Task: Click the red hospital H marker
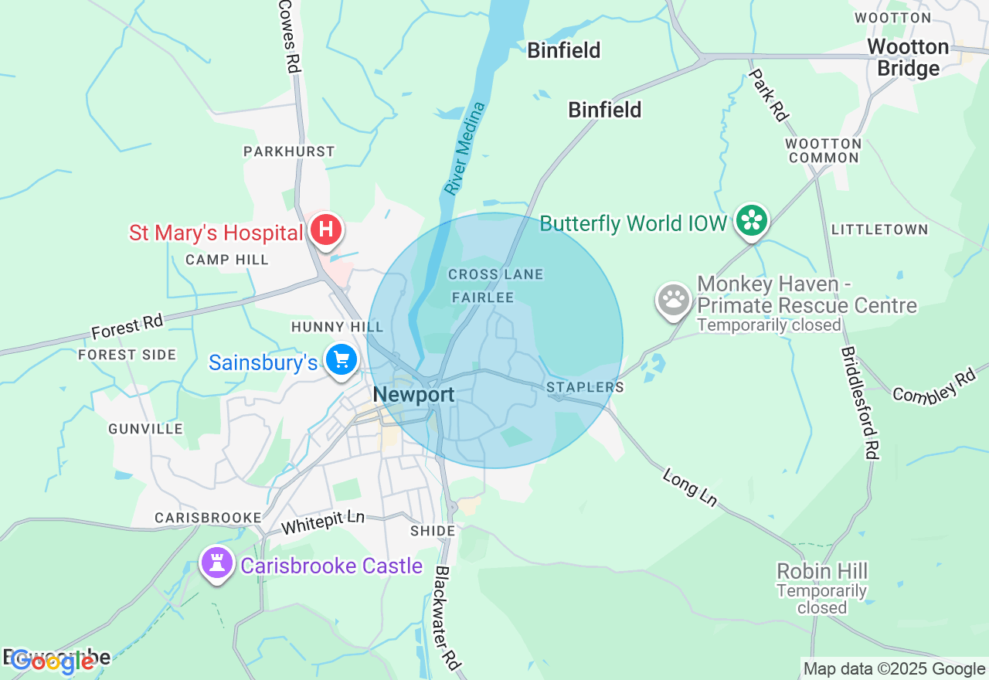(x=326, y=229)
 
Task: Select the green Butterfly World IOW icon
(x=751, y=221)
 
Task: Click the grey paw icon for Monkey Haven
(x=674, y=300)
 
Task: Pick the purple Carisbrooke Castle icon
(x=216, y=564)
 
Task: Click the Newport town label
(x=413, y=395)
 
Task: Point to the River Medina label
(x=465, y=148)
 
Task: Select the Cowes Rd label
(x=288, y=36)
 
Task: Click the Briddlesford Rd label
(x=859, y=402)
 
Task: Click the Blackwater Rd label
(x=447, y=618)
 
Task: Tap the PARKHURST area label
(x=289, y=151)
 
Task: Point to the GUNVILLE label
(x=145, y=429)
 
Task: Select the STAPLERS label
(x=585, y=386)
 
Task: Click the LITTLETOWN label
(x=879, y=229)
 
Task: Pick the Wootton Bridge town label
(x=908, y=57)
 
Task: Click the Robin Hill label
(x=822, y=572)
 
